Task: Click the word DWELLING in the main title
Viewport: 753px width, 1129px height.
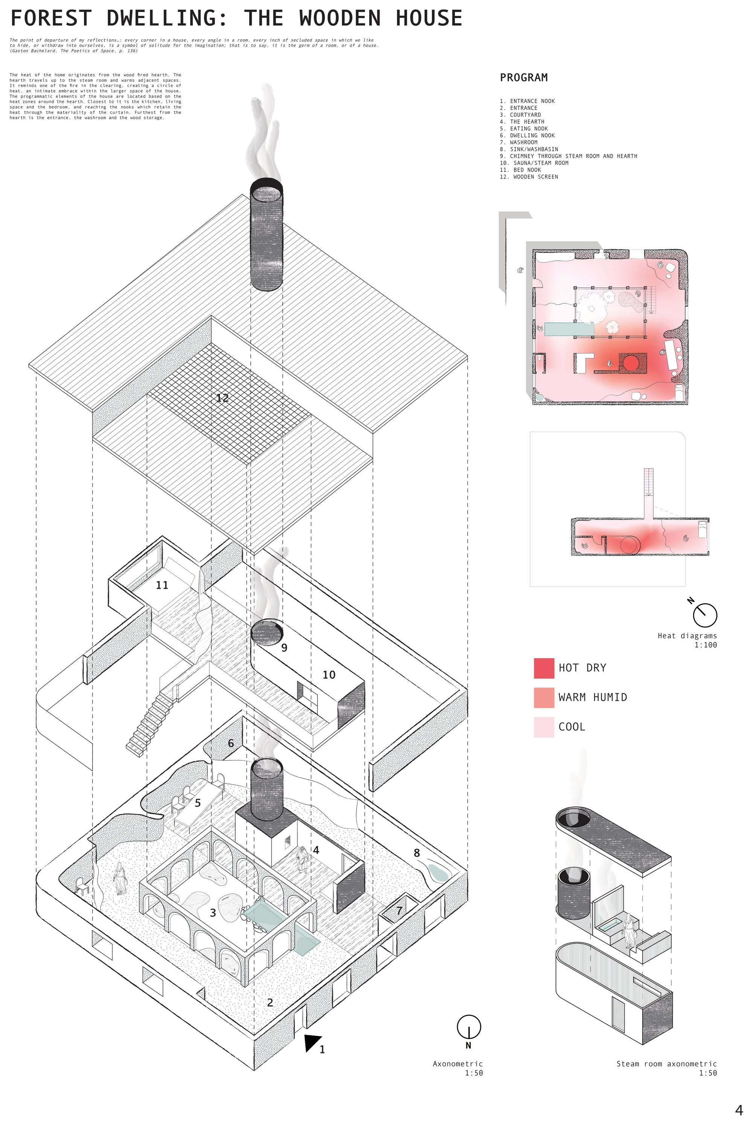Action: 167,18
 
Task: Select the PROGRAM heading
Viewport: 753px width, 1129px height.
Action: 523,77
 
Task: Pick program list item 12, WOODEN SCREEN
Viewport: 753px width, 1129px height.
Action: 529,177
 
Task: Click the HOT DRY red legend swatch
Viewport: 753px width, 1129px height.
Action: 544,668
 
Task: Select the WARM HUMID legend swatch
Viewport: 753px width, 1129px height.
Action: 544,697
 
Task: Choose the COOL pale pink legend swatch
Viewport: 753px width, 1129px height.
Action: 544,727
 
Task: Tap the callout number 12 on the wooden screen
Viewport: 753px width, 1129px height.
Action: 222,398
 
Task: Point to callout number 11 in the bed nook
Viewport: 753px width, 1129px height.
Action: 162,585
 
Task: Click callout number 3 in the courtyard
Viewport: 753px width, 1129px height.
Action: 213,913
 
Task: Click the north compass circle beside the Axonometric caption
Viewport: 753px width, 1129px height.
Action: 468,1027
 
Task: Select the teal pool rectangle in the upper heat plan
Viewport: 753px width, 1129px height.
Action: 569,329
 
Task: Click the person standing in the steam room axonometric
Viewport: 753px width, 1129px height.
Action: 628,932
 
